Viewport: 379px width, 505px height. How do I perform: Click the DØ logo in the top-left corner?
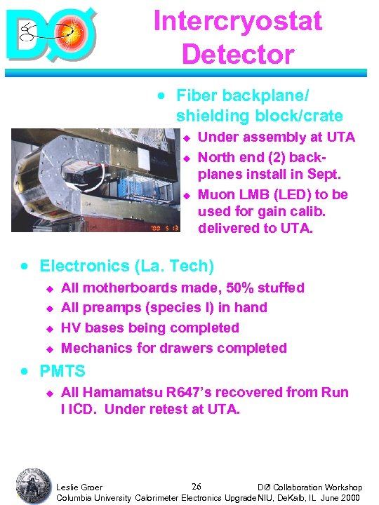pos(51,32)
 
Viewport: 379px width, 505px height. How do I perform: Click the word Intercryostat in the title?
pos(238,20)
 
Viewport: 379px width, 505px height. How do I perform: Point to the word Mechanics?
pos(95,348)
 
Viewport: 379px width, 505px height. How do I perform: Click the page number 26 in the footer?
pos(197,486)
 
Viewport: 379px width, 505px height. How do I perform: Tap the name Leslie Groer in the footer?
pos(79,487)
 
